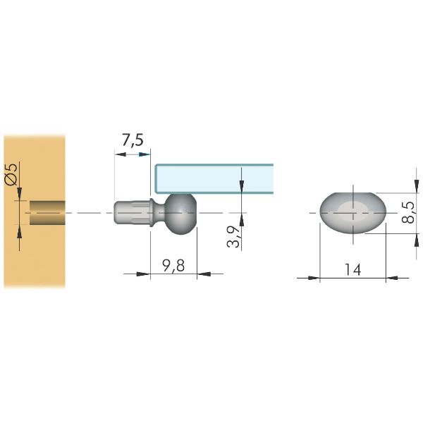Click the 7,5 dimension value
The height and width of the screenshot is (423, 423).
[133, 140]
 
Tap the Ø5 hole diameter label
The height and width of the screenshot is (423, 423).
[11, 174]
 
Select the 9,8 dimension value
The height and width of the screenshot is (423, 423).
[173, 266]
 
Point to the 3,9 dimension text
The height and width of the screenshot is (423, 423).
[233, 237]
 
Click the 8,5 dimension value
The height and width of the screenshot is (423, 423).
[408, 212]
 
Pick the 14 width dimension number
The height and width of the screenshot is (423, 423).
[353, 269]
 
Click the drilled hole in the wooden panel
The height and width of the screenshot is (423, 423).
[47, 213]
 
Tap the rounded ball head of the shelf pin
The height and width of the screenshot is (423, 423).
[181, 214]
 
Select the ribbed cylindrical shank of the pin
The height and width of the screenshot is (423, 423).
[132, 213]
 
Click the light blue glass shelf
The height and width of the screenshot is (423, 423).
[214, 178]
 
